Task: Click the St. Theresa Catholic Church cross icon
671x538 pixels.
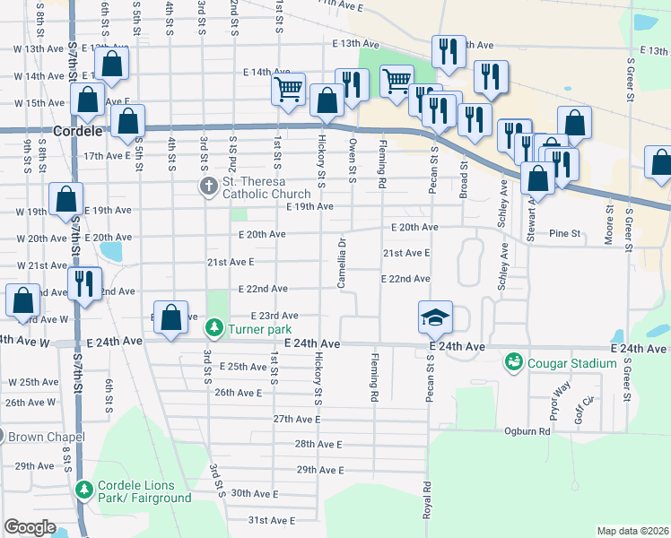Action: pos(208,187)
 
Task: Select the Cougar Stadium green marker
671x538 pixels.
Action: pos(514,362)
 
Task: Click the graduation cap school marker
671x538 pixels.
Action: pos(435,317)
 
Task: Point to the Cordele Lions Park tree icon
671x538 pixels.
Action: pos(83,490)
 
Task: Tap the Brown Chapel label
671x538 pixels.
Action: pos(47,438)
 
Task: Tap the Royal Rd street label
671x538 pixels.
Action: pos(428,500)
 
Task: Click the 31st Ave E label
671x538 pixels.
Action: pos(271,520)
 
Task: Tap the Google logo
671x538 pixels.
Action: pos(30,527)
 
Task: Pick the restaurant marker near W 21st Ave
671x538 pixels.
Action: pos(84,285)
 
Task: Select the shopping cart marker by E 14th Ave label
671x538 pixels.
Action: pos(289,88)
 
